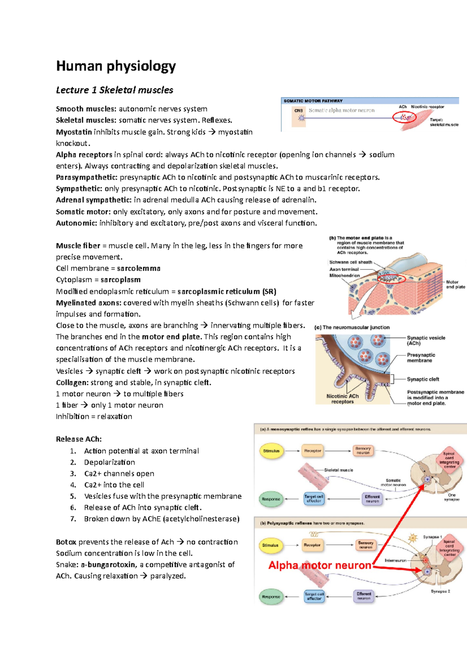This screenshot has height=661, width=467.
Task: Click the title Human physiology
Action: pyautogui.click(x=116, y=66)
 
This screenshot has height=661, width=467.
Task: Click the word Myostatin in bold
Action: pyautogui.click(x=74, y=132)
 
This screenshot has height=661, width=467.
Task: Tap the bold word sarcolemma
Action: pyautogui.click(x=139, y=268)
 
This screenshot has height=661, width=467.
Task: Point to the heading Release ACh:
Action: pyautogui.click(x=79, y=439)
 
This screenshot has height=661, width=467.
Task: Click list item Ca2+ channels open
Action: pyautogui.click(x=119, y=473)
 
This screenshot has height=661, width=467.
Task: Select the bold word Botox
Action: pyautogui.click(x=66, y=542)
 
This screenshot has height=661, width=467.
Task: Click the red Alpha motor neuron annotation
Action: pyautogui.click(x=320, y=565)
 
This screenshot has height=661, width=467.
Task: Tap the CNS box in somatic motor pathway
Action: pyautogui.click(x=299, y=111)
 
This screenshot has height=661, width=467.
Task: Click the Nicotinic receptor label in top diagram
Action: pyautogui.click(x=427, y=107)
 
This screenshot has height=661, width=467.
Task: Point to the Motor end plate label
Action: pyautogui.click(x=455, y=285)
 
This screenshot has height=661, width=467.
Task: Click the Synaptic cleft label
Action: pyautogui.click(x=423, y=379)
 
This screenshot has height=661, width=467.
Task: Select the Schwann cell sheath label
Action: pyautogui.click(x=351, y=262)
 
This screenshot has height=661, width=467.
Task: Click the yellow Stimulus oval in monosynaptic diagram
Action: pyautogui.click(x=271, y=451)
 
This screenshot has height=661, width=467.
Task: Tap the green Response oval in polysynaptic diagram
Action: pyautogui.click(x=271, y=597)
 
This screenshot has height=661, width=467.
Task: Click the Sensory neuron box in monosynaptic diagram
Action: pyautogui.click(x=363, y=450)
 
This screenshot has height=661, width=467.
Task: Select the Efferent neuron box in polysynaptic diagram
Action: pyautogui.click(x=364, y=596)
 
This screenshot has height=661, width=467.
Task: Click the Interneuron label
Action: pyautogui.click(x=395, y=561)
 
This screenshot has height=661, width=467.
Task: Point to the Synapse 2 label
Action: pyautogui.click(x=440, y=591)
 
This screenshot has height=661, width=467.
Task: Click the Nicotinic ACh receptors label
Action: pyautogui.click(x=342, y=399)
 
